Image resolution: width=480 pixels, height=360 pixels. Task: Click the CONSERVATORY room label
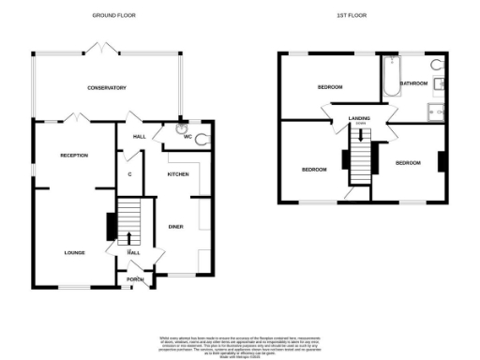click(x=107, y=88)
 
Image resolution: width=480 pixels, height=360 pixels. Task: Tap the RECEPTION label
click(x=74, y=155)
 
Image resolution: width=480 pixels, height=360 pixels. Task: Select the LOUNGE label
click(x=74, y=252)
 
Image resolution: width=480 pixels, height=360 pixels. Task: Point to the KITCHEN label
click(x=178, y=174)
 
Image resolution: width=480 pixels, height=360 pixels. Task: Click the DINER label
click(x=175, y=227)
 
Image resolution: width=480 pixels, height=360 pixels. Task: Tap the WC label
click(x=187, y=137)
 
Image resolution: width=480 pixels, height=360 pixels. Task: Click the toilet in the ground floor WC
click(x=203, y=138)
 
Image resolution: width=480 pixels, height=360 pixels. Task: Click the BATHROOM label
click(x=413, y=83)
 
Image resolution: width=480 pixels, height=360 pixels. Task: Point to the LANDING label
click(x=359, y=117)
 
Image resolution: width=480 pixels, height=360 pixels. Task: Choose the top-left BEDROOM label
click(x=330, y=87)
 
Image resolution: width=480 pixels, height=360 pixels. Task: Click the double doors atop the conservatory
click(x=94, y=50)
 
